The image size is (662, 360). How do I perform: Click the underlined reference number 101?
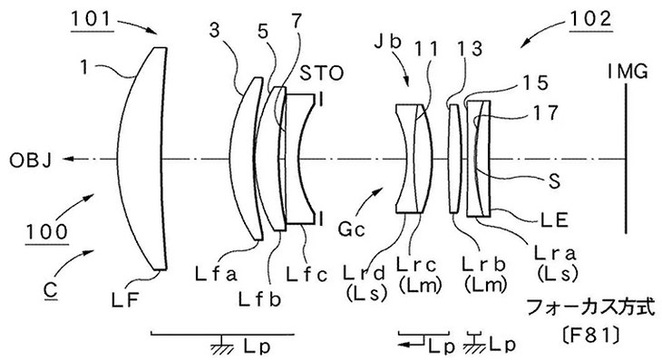[x=91, y=19]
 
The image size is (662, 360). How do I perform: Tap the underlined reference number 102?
[x=591, y=18]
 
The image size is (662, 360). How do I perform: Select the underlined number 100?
[x=47, y=232]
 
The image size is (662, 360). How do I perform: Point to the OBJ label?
[x=31, y=161]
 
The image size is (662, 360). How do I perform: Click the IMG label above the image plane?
[x=628, y=72]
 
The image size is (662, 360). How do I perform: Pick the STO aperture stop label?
[x=322, y=73]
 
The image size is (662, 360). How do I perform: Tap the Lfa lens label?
[x=217, y=275]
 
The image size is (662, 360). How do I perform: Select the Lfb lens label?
[x=259, y=299]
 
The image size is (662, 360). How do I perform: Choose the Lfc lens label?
[x=307, y=275]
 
